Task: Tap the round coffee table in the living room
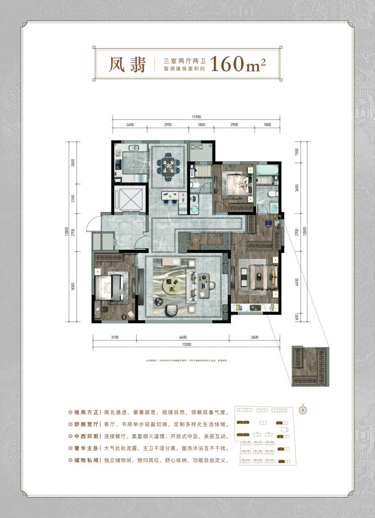click(172, 285)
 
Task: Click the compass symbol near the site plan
click(303, 410)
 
